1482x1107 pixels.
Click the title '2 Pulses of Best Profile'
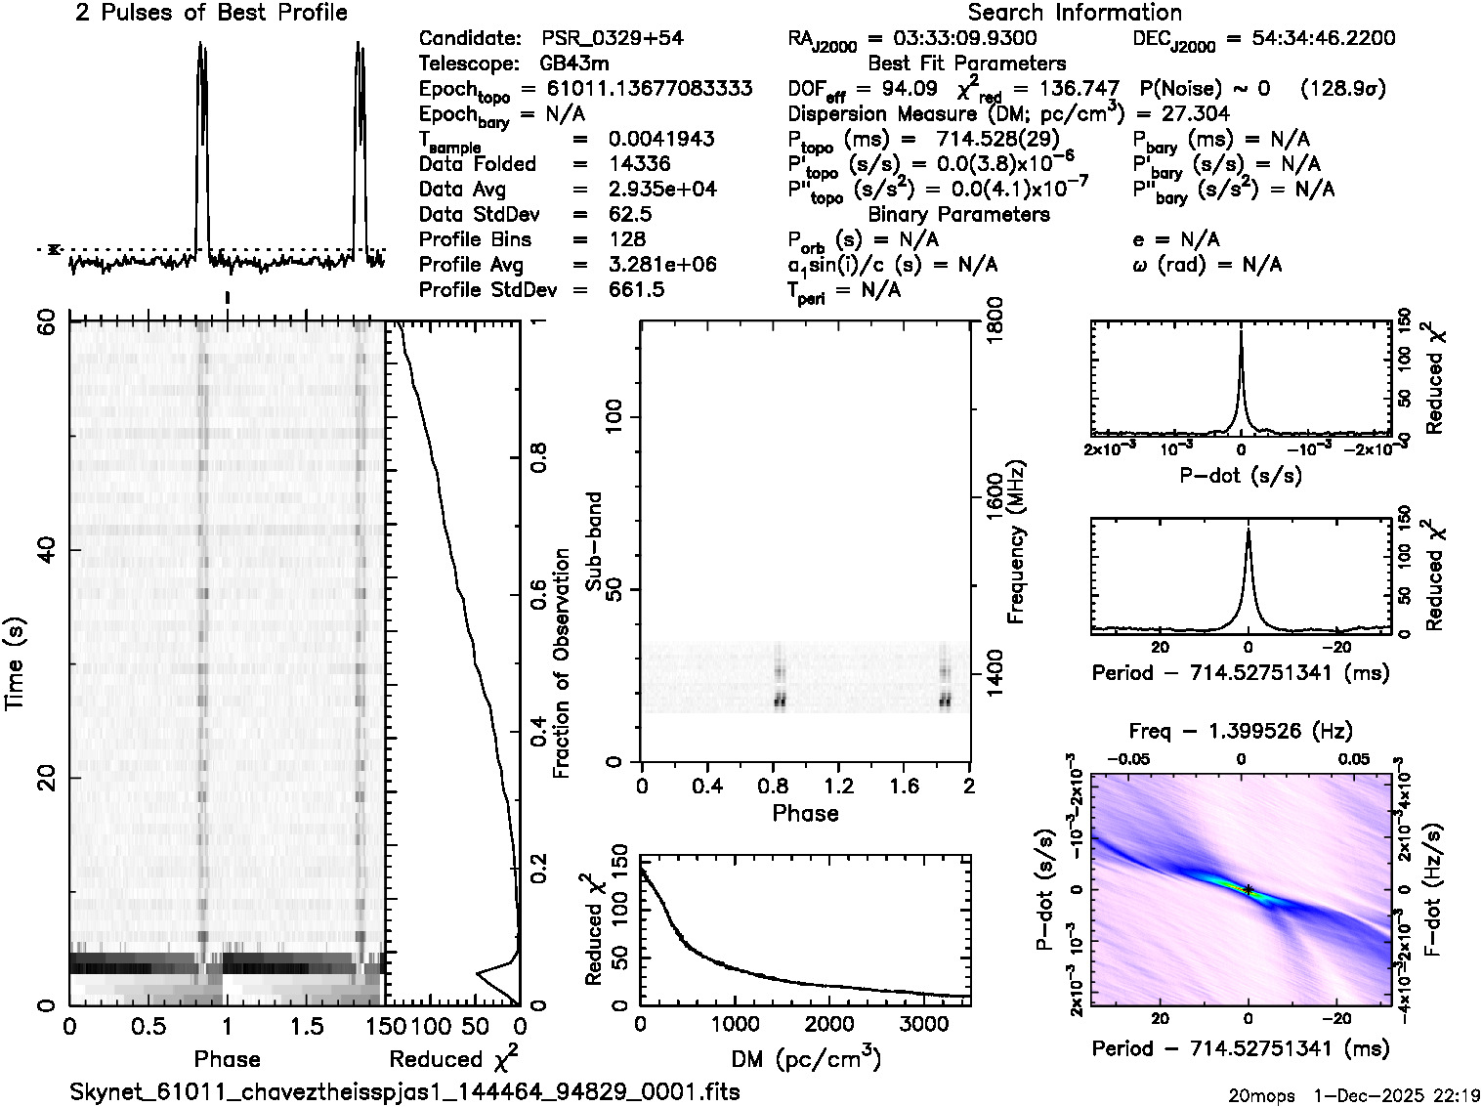click(211, 13)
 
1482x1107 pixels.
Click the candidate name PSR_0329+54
click(613, 39)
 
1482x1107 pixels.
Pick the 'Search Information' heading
click(1074, 13)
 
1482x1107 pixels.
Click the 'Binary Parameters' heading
click(958, 214)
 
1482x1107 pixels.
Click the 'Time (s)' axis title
click(17, 663)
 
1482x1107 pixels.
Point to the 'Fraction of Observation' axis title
click(561, 663)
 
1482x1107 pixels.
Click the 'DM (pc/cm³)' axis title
click(806, 1058)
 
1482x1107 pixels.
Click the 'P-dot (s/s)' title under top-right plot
click(1241, 476)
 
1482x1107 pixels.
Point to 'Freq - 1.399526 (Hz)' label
click(1241, 731)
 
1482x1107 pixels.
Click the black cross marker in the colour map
click(1249, 889)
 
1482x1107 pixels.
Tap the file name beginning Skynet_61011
click(404, 1091)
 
